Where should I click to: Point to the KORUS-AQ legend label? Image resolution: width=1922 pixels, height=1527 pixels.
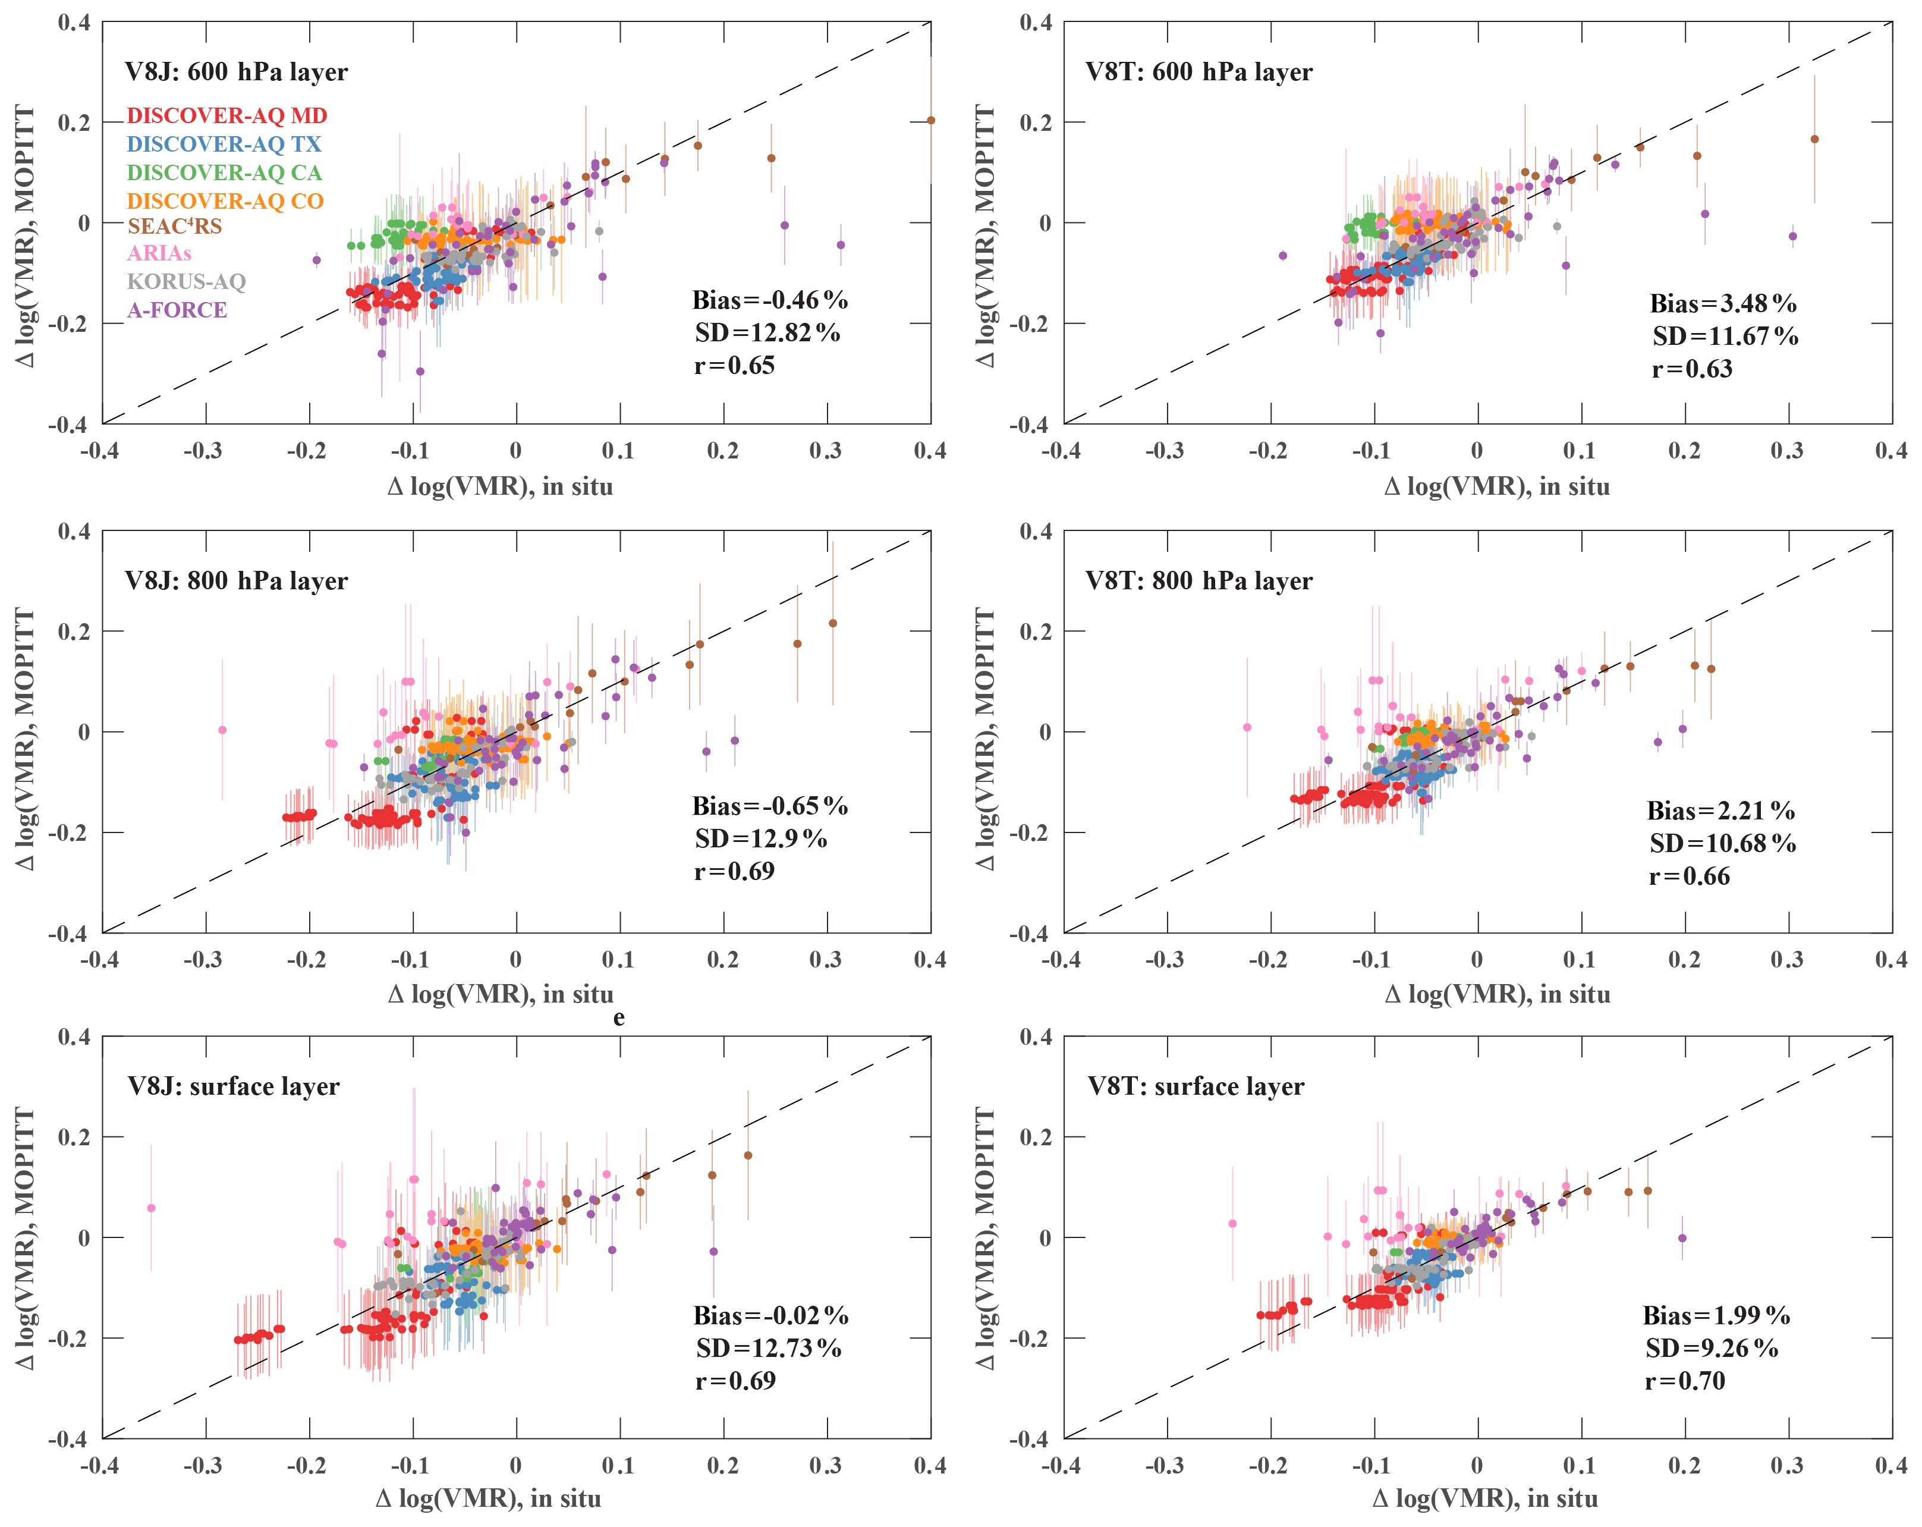[186, 282]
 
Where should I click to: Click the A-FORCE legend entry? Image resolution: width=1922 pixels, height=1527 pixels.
[177, 310]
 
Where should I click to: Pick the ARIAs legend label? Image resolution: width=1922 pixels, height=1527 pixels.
[159, 253]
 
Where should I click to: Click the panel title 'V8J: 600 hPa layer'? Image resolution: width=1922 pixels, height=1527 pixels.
[236, 71]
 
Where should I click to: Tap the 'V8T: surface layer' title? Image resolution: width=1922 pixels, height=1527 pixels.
[1196, 1086]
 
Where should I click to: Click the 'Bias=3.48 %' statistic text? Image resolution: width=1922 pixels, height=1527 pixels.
[1722, 303]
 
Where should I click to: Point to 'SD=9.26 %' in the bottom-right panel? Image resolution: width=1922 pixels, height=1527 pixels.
[1712, 1348]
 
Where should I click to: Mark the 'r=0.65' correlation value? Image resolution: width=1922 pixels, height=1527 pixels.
[735, 366]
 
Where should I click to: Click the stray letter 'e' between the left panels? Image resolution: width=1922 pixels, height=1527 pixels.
[619, 1017]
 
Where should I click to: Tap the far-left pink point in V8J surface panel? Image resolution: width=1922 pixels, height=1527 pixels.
[152, 1208]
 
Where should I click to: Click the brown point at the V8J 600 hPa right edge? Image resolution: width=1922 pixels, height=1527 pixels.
[931, 120]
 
